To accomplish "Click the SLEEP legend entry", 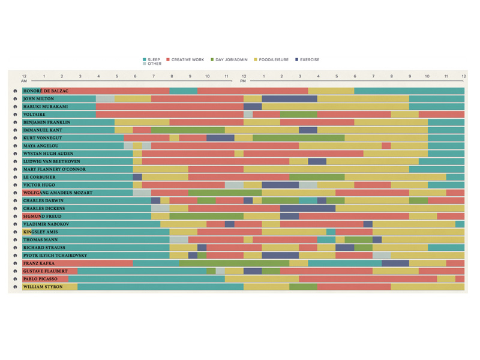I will click(152, 60).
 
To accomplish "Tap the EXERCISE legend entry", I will click(307, 60).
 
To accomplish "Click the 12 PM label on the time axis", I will click(243, 79).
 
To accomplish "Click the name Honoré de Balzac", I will click(46, 91).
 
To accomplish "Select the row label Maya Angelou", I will click(41, 146).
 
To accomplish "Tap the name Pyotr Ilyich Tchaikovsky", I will click(55, 256).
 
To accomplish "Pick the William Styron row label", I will click(43, 287).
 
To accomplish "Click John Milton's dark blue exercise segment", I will click(289, 99).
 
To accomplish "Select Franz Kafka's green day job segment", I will click(234, 263).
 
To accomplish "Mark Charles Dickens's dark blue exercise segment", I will click(307, 209).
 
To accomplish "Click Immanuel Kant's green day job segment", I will click(188, 130).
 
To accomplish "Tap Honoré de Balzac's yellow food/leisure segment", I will click(331, 91).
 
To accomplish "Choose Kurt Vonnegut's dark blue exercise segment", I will click(220, 138).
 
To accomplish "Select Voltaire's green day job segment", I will click(298, 115).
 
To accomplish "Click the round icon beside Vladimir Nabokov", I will click(16, 224).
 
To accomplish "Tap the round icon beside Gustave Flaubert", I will click(16, 271).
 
